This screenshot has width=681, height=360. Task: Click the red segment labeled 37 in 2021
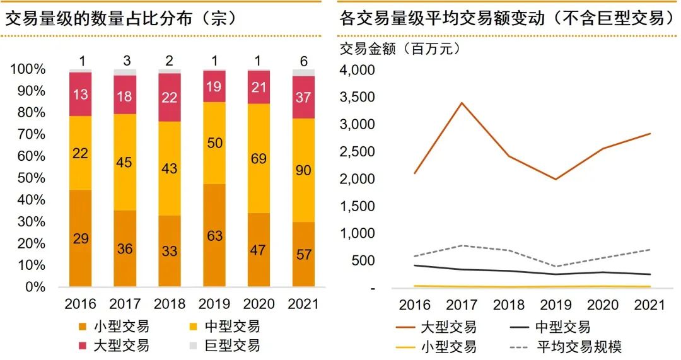(x=303, y=97)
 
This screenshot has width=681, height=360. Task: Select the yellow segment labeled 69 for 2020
(x=259, y=158)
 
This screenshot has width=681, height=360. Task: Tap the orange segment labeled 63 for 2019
(x=214, y=236)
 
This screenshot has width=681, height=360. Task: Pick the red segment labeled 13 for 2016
(x=81, y=95)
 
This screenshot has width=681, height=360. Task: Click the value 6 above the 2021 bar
(x=303, y=61)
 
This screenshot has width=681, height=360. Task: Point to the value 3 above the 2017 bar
(x=126, y=61)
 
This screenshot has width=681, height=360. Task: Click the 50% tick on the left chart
(x=28, y=178)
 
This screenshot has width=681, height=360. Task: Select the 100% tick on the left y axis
(x=28, y=69)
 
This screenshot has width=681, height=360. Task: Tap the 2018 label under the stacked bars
(x=170, y=304)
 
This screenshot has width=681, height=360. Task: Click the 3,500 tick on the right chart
(x=358, y=97)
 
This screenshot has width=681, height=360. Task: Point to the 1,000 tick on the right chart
(x=358, y=233)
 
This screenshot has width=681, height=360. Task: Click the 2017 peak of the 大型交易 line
(x=462, y=102)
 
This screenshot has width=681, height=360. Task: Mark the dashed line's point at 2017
(x=462, y=245)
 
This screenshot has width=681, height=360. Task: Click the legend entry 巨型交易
(x=232, y=345)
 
